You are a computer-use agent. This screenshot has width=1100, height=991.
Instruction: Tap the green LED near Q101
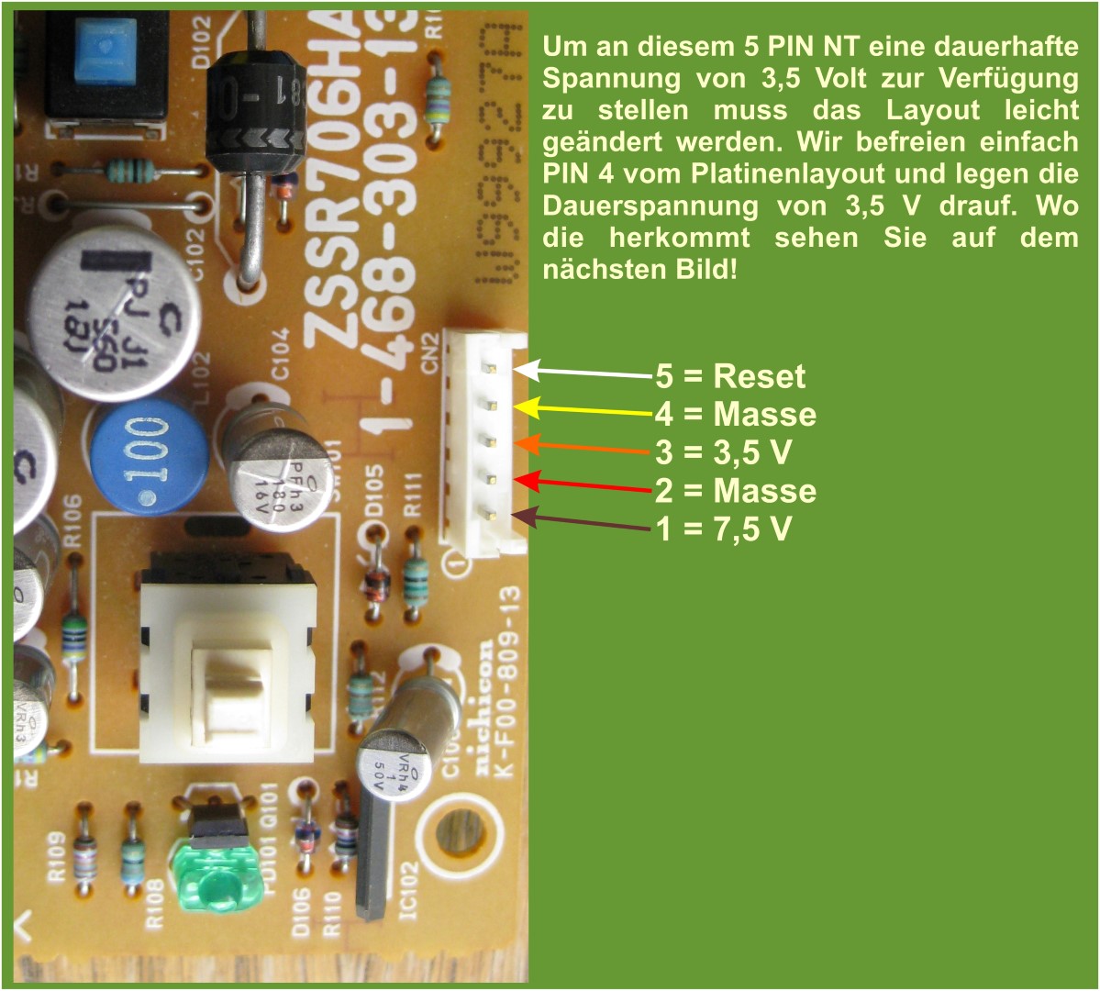(213, 885)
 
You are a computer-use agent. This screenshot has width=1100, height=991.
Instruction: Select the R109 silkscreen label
(55, 857)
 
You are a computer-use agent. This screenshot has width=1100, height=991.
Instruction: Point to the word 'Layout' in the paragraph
(937, 110)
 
